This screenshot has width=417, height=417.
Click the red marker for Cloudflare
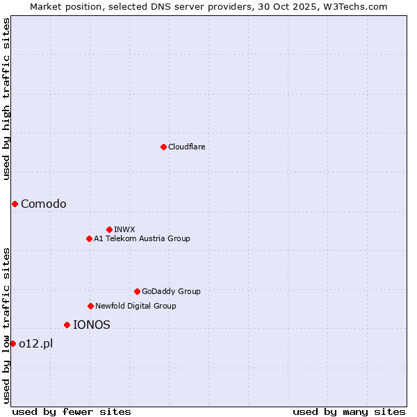point(163,147)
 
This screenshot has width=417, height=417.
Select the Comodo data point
point(15,204)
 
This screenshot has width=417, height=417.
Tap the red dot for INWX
point(109,229)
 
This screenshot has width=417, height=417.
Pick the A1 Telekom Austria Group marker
point(89,238)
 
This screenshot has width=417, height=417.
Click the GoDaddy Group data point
point(137,291)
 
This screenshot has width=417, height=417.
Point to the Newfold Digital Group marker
point(90,306)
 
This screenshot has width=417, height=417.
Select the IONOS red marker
point(67,325)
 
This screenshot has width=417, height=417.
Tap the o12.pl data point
point(13,343)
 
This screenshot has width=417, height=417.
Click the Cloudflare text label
point(186,147)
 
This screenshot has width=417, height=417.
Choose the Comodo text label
point(44,204)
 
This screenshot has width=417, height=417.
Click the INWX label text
point(124,229)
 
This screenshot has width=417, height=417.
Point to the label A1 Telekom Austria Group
point(142,238)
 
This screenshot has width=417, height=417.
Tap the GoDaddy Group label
point(171,291)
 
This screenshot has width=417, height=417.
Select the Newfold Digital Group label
point(136,306)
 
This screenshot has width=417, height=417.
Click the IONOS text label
point(92,325)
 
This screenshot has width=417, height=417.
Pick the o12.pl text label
point(36,343)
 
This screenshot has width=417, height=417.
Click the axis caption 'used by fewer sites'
point(72,411)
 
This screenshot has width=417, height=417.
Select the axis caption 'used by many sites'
point(349,411)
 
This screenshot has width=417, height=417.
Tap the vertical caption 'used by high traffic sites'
point(6,99)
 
